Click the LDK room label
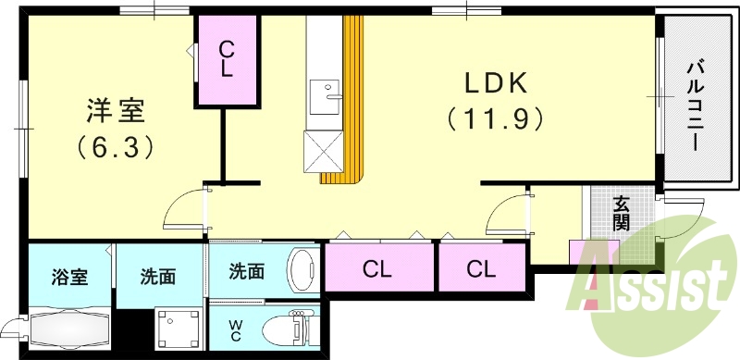click(496, 83)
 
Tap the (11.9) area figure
click(495, 119)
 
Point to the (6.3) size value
click(115, 146)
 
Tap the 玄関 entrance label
click(621, 215)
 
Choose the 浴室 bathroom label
click(70, 276)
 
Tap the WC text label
click(237, 329)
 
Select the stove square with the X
click(323, 148)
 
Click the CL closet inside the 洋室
click(226, 61)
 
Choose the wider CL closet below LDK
click(376, 270)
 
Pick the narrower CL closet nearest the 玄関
click(480, 269)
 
